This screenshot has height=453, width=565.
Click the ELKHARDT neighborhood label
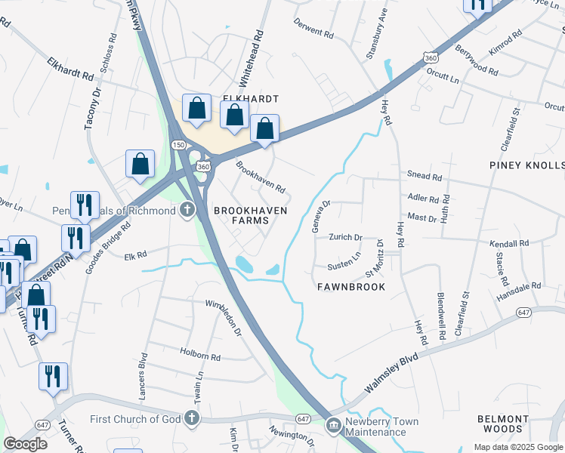(250, 99)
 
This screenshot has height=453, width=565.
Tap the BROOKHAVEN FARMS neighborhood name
(241, 214)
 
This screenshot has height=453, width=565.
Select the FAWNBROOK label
(350, 287)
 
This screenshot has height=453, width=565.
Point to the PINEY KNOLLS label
(526, 165)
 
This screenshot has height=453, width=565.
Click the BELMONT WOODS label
(502, 424)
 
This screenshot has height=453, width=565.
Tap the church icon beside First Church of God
(192, 418)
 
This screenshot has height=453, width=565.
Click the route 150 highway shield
(178, 144)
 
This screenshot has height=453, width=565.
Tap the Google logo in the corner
(26, 444)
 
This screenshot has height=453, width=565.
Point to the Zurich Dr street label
(345, 237)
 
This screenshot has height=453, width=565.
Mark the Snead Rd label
(424, 176)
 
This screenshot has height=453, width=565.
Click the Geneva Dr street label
(322, 216)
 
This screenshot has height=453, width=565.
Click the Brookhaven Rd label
(261, 176)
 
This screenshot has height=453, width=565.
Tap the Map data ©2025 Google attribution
(518, 447)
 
